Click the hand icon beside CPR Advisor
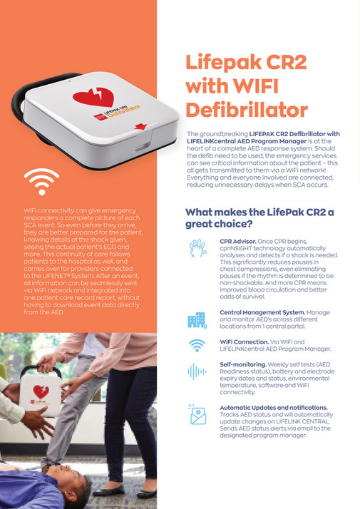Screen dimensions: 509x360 pos(197,250)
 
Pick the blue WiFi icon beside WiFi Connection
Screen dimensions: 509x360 pos(197,346)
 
